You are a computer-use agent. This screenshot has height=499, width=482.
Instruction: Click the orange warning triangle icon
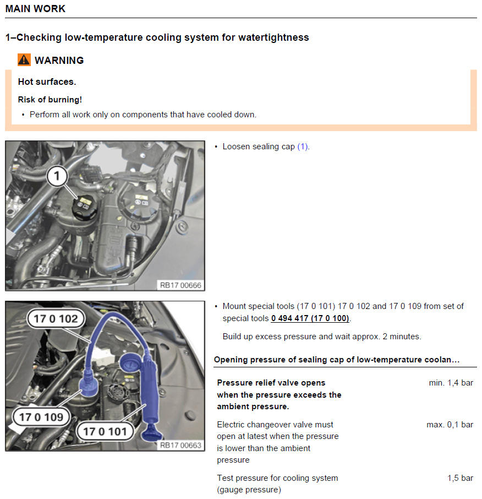pos(24,60)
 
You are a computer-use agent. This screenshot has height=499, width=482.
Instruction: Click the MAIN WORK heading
pos(35,9)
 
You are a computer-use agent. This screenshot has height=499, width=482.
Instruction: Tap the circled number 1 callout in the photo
pos(57,176)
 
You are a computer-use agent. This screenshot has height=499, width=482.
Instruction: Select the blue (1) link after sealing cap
pos(303,147)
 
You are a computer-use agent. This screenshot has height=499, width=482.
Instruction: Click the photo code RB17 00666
pos(180,285)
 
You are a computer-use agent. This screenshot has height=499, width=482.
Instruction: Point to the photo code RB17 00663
pos(180,445)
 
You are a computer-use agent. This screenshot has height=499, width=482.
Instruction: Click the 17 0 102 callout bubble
pos(56,318)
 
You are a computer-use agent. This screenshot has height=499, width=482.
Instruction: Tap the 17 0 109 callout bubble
pos(41,417)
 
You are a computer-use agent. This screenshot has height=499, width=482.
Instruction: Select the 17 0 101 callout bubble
pos(105,432)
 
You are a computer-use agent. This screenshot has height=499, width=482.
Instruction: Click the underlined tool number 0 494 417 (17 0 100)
pos(310,318)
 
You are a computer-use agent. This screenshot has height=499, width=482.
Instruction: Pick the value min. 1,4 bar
pos(451,383)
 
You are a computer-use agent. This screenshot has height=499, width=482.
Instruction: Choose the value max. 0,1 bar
pos(450,425)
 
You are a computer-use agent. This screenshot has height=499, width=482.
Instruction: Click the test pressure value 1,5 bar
pos(460,478)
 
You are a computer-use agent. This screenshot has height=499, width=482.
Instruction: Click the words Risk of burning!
pos(50,100)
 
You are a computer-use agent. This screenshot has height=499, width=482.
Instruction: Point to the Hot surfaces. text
pos(47,82)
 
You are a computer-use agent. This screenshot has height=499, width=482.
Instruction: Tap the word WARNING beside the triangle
pos(59,60)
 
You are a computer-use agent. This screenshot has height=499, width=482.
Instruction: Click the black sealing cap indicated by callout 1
pos(84,208)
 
